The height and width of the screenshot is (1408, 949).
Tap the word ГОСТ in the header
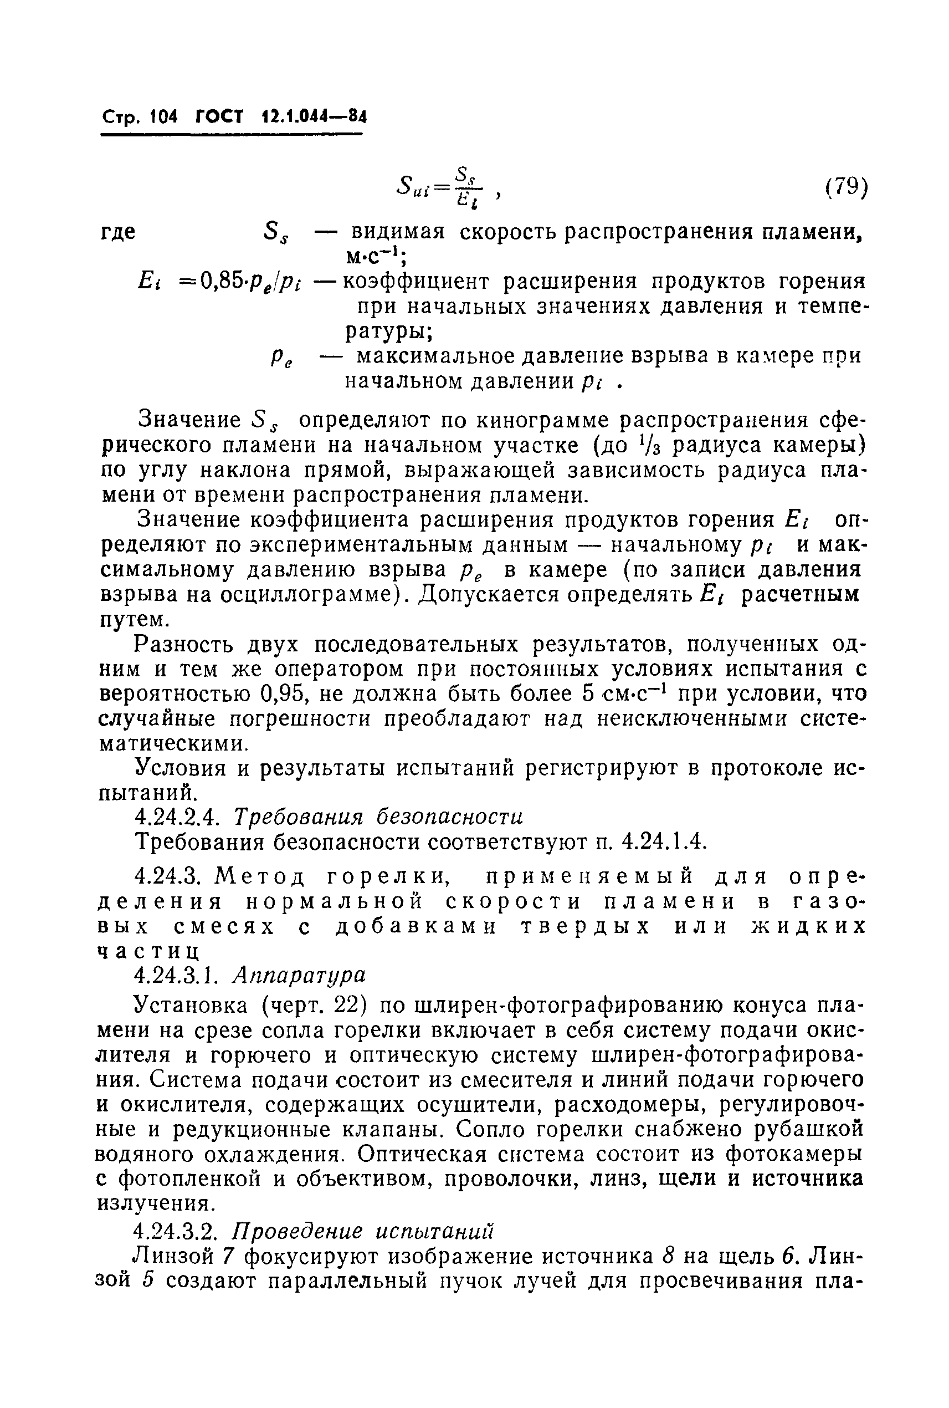click(218, 116)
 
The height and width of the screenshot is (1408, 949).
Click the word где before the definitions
click(117, 232)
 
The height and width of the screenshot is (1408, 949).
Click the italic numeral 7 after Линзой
click(227, 1257)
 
